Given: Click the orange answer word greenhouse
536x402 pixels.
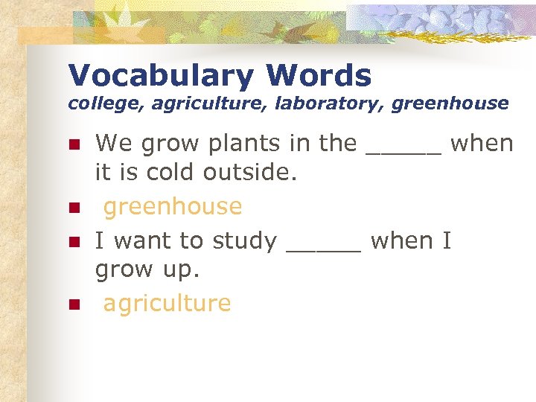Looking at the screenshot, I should tap(173, 207).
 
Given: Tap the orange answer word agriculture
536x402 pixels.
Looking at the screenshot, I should tap(167, 304).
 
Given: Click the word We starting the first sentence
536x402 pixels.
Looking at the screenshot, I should tap(112, 144).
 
